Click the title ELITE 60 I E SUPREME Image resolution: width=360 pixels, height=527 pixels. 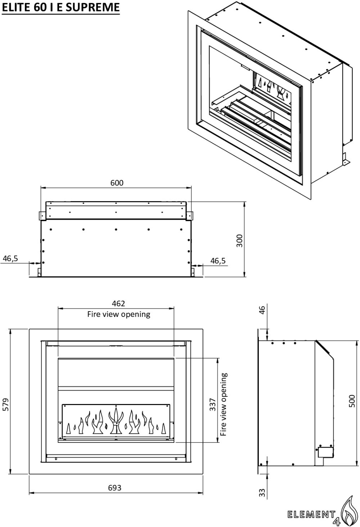(x=60, y=7)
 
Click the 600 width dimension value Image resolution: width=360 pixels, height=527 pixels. (x=117, y=183)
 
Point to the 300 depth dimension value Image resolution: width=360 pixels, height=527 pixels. (x=240, y=240)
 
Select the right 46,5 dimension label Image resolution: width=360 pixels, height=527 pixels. (x=218, y=261)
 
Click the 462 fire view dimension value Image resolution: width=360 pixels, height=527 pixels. (x=118, y=304)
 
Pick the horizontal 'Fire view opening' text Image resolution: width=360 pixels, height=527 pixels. (x=118, y=314)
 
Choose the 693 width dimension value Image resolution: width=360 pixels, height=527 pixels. (x=114, y=488)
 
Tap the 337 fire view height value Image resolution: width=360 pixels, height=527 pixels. (x=213, y=404)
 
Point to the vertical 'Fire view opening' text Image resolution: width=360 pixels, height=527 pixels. (x=224, y=404)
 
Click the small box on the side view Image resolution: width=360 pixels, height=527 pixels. (x=325, y=452)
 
